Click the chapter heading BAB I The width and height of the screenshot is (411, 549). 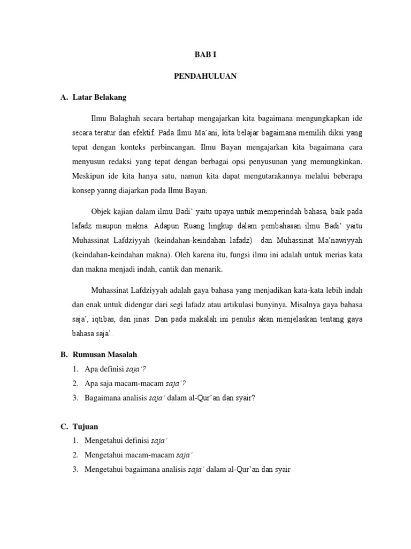205,54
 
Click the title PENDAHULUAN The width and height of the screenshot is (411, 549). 205,77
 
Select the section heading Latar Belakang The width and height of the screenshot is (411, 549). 102,98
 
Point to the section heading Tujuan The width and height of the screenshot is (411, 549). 86,426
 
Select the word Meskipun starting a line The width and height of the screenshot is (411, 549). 89,175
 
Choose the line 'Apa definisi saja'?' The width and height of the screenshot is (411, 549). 116,369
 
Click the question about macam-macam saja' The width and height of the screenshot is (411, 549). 135,383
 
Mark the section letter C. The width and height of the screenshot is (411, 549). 64,426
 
